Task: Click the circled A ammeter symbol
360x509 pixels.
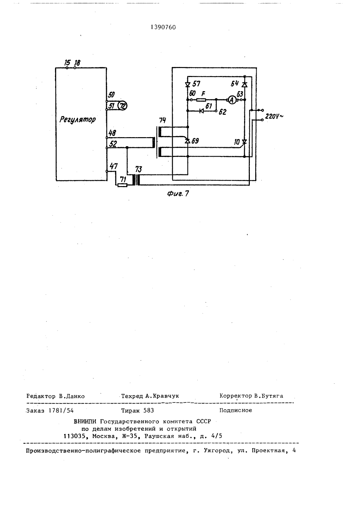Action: coord(232,100)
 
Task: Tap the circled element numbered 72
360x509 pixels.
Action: coord(123,106)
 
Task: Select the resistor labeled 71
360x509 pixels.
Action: coord(122,185)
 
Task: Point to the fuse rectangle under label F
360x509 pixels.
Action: coord(201,100)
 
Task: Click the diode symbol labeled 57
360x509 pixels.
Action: coord(188,85)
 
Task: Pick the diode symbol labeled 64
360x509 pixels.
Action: coord(244,85)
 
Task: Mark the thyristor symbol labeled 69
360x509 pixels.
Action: coord(188,141)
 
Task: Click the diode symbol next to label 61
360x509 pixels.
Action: coord(201,111)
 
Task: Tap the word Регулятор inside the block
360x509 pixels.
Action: coord(77,120)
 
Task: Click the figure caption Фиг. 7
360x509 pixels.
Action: coord(178,193)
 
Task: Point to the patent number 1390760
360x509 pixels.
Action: coord(163,27)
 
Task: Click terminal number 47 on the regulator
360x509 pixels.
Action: coord(114,166)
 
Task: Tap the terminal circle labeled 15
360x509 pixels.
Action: coord(67,68)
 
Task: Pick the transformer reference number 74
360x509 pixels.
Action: coord(162,120)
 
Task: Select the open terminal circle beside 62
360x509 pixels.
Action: coord(216,111)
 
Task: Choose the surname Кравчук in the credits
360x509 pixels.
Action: coord(166,396)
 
